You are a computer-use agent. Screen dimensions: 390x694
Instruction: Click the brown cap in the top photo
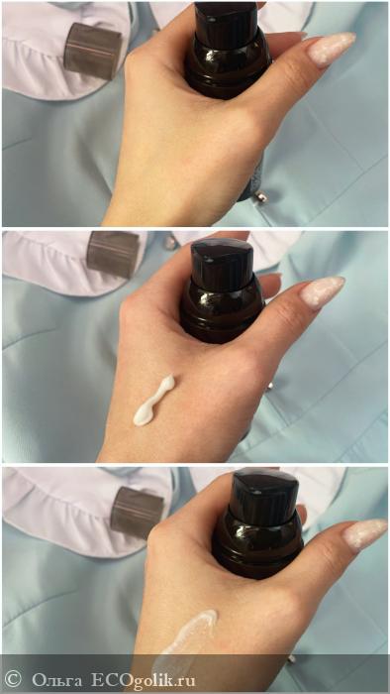coord(92,51)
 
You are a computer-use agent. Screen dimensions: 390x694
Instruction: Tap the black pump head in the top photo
coord(226,21)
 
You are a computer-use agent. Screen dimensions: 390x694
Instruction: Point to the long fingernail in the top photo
coord(332,48)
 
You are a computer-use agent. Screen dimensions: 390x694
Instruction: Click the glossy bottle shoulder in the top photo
coord(228,64)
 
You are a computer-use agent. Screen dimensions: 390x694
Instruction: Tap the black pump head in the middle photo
coord(222,262)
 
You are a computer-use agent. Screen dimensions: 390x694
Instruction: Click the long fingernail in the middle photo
coord(322,291)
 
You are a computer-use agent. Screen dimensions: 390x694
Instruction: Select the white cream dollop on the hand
coord(153,401)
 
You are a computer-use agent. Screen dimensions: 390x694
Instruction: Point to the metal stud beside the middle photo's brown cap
coord(169,242)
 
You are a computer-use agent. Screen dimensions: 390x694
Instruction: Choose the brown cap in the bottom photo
coord(137,513)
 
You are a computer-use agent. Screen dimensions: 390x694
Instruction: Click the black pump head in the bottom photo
coord(266,497)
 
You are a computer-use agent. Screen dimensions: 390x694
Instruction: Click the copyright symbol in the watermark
coord(13,679)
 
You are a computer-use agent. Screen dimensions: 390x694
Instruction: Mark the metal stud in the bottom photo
coord(291,659)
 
